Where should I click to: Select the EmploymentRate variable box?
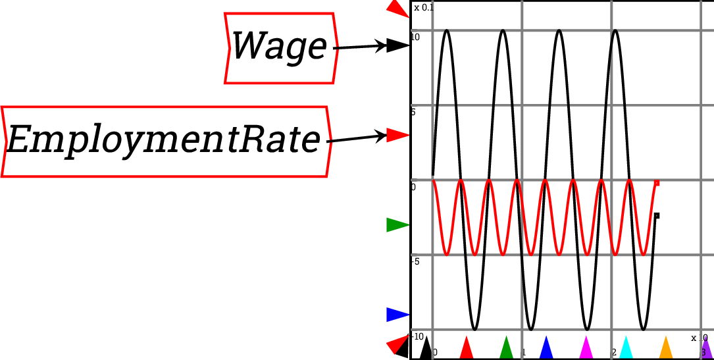pos(165,141)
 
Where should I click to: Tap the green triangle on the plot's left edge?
pos(397,225)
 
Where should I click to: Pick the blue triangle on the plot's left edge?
pos(397,315)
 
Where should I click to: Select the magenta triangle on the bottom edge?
pos(586,347)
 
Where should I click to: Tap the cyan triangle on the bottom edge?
pos(626,347)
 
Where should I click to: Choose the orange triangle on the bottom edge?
pos(666,347)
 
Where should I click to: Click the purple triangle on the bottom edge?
pos(706,347)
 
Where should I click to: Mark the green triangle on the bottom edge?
pos(506,347)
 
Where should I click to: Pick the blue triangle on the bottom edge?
pos(546,347)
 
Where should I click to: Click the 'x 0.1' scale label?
pos(424,8)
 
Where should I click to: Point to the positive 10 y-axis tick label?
pos(415,38)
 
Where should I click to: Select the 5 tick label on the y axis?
pos(413,113)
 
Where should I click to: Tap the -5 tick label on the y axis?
pos(415,262)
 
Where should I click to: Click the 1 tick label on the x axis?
pos(524,353)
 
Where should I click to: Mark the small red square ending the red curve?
pos(657,183)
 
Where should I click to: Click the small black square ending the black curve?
pos(657,216)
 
